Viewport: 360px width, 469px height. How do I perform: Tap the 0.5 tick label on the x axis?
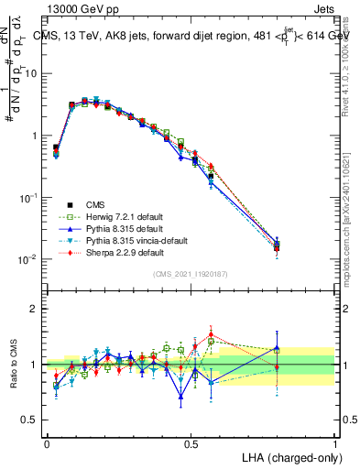tap(191, 443)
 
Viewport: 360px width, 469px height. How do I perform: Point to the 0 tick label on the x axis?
tap(47, 443)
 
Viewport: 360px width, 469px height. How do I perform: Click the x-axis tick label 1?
tap(335, 443)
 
